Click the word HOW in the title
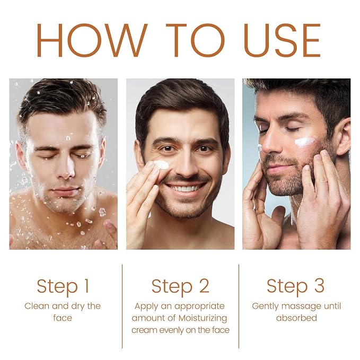point(92,40)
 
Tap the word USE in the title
point(282,40)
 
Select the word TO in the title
point(195,40)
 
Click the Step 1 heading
point(63,287)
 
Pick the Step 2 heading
point(180,287)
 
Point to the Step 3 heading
point(295,287)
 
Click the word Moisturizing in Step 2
point(203,319)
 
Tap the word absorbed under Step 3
point(296,318)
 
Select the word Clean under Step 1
point(37,306)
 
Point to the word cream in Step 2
point(144,330)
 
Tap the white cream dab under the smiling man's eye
point(161,164)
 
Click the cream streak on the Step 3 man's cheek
point(305,142)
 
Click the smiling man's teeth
point(185,189)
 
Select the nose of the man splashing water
point(66,168)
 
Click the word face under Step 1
point(63,318)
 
